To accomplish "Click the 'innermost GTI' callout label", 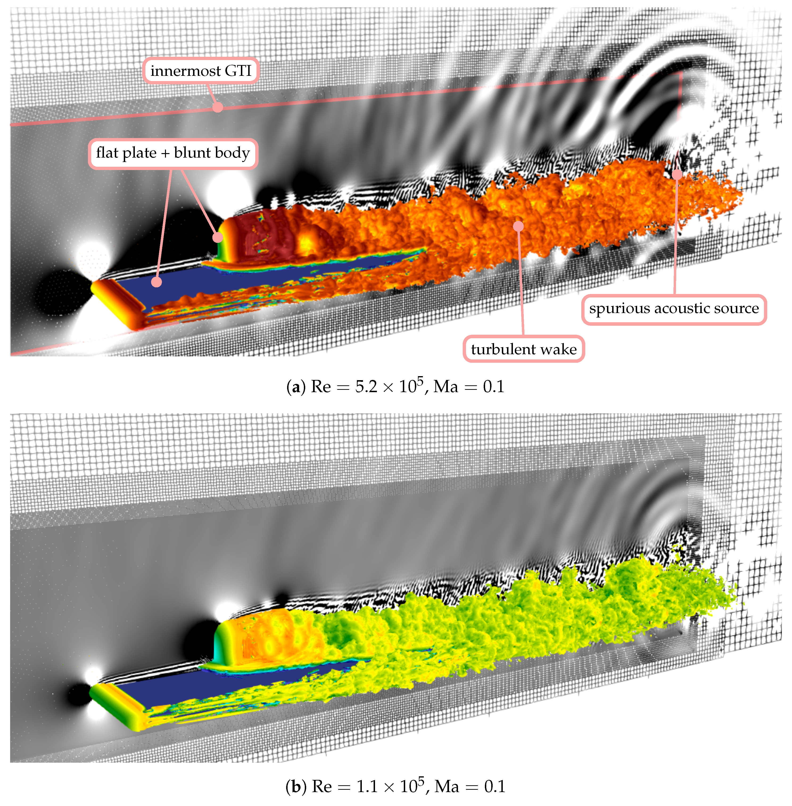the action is tap(201, 71).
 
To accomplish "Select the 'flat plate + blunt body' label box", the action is tap(173, 153).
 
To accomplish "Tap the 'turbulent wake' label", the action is tap(524, 349).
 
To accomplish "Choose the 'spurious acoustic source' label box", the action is tap(674, 309).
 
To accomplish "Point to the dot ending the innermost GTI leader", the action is tap(218, 107).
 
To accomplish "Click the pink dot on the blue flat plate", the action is tap(157, 282).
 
